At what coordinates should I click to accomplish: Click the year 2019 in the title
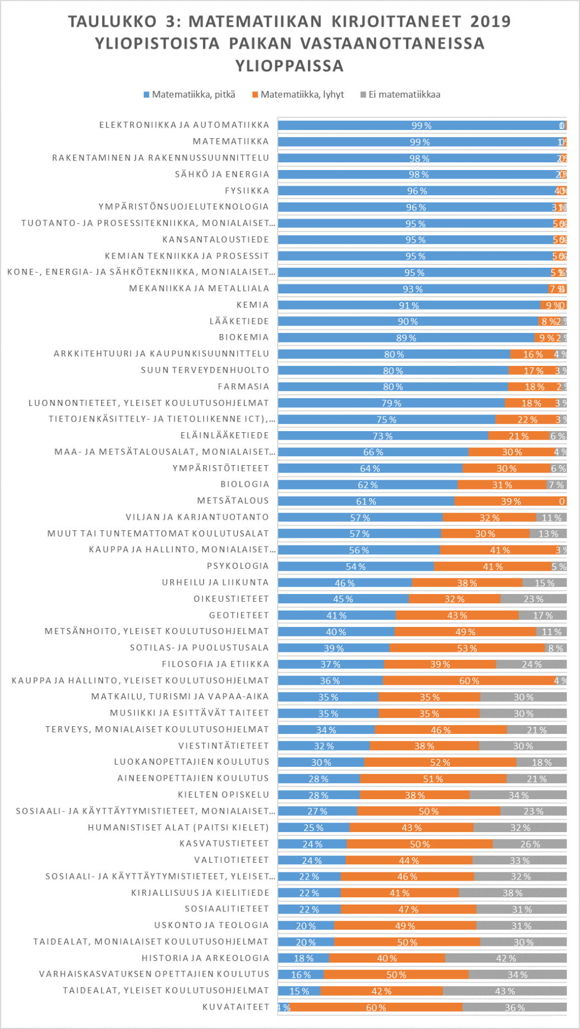pyautogui.click(x=490, y=22)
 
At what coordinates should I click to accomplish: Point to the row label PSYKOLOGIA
pyautogui.click(x=238, y=566)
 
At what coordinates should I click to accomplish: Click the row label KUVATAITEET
pyautogui.click(x=236, y=1007)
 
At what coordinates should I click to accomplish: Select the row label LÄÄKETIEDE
pyautogui.click(x=239, y=321)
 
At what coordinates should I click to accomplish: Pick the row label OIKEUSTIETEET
pyautogui.click(x=231, y=599)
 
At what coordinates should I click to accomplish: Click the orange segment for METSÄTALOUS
pyautogui.click(x=510, y=501)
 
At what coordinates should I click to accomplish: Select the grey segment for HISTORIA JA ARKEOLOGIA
pyautogui.click(x=506, y=958)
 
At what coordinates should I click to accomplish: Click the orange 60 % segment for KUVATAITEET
pyautogui.click(x=376, y=1007)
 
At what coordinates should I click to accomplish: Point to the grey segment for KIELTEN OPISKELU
pyautogui.click(x=518, y=795)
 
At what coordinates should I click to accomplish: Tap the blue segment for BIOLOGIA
pyautogui.click(x=368, y=485)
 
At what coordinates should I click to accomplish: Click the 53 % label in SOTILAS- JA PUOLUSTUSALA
pyautogui.click(x=467, y=648)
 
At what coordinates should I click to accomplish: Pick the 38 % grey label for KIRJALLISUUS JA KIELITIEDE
pyautogui.click(x=513, y=893)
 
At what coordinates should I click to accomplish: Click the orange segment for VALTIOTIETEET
pyautogui.click(x=409, y=861)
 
